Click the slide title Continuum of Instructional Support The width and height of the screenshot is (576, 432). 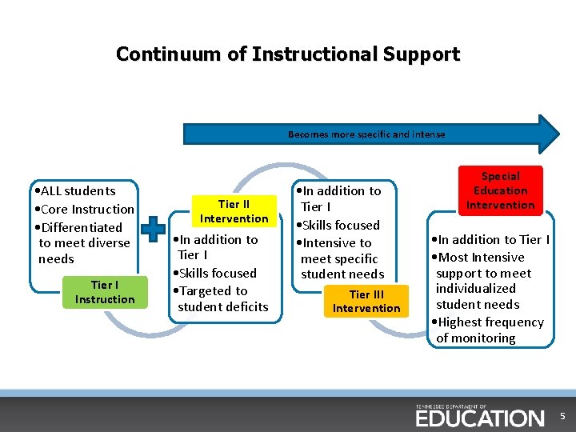pyautogui.click(x=288, y=54)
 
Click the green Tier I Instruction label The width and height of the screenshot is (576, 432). pyautogui.click(x=105, y=292)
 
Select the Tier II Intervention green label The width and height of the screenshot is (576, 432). pyautogui.click(x=234, y=211)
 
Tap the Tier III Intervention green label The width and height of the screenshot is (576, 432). pyautogui.click(x=366, y=301)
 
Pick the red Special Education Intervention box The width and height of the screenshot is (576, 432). pyautogui.click(x=500, y=190)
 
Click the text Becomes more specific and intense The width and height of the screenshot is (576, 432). pyautogui.click(x=366, y=134)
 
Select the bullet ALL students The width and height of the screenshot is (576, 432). pyautogui.click(x=76, y=190)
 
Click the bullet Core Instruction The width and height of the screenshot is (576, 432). pyautogui.click(x=85, y=209)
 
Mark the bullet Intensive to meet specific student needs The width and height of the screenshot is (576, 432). pyautogui.click(x=339, y=258)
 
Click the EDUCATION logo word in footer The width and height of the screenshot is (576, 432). pyautogui.click(x=479, y=418)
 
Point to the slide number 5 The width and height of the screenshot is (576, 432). pyautogui.click(x=562, y=417)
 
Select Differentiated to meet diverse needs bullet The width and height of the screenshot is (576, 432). pyautogui.click(x=80, y=243)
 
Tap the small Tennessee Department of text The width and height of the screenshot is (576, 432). pyautogui.click(x=451, y=406)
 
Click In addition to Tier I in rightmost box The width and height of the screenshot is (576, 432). pyautogui.click(x=490, y=239)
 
